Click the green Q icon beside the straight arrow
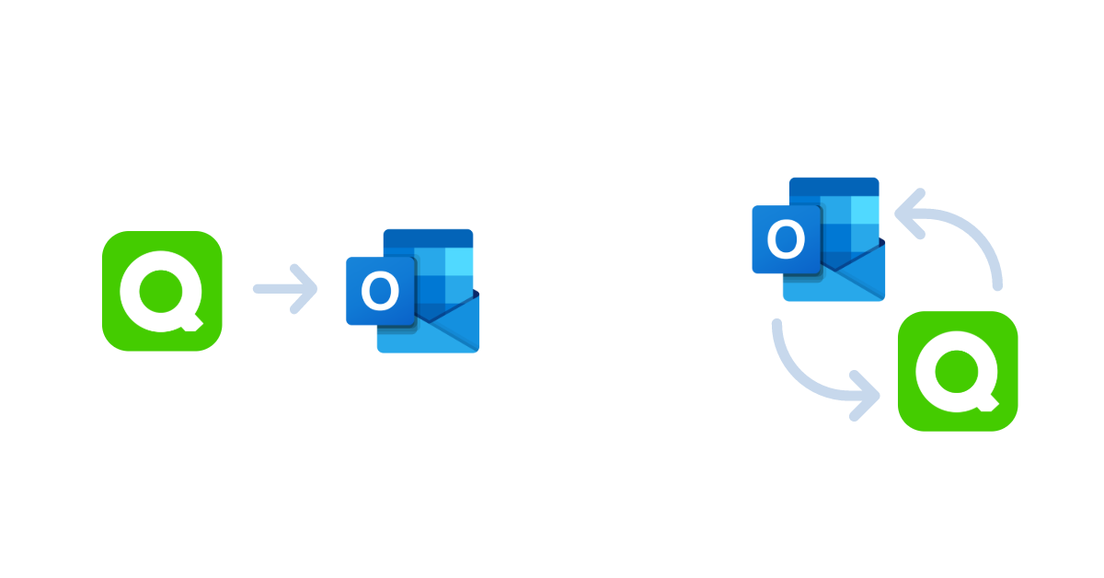pyautogui.click(x=162, y=291)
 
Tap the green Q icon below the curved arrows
pyautogui.click(x=958, y=371)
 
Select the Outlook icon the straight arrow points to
pyautogui.click(x=413, y=291)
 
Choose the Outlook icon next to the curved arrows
pyautogui.click(x=819, y=239)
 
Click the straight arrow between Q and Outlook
pyautogui.click(x=285, y=289)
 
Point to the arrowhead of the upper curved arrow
pyautogui.click(x=909, y=214)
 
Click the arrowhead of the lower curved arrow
pyautogui.click(x=866, y=396)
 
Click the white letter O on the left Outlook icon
pyautogui.click(x=380, y=291)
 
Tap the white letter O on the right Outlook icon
pyautogui.click(x=786, y=239)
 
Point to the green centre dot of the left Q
pyautogui.click(x=161, y=291)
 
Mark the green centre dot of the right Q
pyautogui.click(x=957, y=371)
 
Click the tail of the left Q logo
pyautogui.click(x=192, y=323)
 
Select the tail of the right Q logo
pyautogui.click(x=988, y=403)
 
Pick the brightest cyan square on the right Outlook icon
pyautogui.click(x=865, y=210)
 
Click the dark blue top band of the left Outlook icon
pyautogui.click(x=429, y=238)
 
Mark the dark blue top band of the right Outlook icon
pyautogui.click(x=834, y=187)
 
